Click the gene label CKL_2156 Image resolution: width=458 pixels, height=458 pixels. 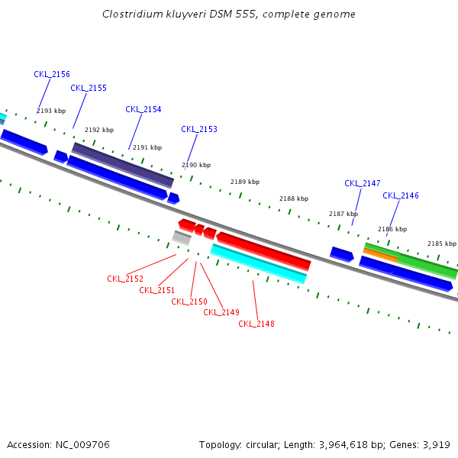click(52, 74)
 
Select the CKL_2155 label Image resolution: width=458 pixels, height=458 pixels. click(89, 88)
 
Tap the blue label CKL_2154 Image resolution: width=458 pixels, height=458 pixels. click(144, 109)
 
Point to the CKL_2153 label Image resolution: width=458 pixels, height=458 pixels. click(199, 129)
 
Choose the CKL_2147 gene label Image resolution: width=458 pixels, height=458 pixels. click(363, 183)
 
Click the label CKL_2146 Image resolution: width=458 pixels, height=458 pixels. click(401, 195)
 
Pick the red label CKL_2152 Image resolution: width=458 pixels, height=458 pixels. click(125, 279)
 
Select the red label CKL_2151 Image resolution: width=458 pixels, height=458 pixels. click(157, 290)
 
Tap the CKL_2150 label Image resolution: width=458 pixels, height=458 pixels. click(189, 302)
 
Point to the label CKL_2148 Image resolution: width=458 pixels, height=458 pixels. click(256, 324)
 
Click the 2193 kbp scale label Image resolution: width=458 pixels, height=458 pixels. click(51, 111)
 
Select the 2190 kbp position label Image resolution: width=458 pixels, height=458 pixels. click(196, 165)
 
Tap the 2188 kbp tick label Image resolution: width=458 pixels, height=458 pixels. click(294, 198)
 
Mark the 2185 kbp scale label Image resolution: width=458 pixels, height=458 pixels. click(441, 244)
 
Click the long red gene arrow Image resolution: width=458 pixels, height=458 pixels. click(263, 250)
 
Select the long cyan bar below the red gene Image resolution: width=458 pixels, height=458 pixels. click(258, 263)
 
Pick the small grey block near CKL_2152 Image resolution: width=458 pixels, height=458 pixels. click(182, 237)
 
